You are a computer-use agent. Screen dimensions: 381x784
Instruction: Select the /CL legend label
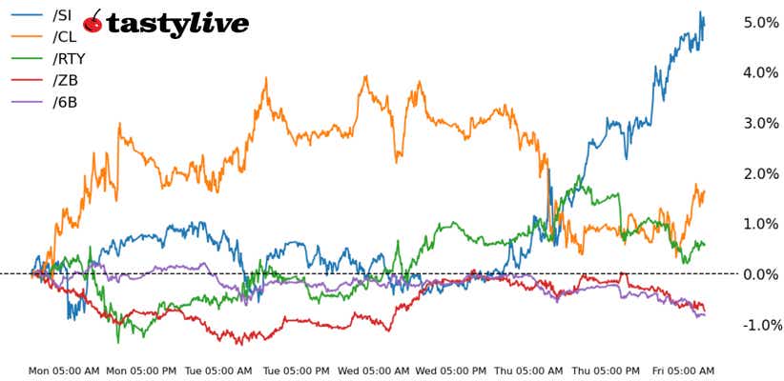(x=65, y=37)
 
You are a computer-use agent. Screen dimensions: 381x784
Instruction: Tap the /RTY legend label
(x=69, y=59)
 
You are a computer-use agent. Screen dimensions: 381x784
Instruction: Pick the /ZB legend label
(x=65, y=80)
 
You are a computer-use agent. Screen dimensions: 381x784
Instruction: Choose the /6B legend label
(x=65, y=101)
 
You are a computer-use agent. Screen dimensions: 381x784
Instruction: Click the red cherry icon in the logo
(x=93, y=22)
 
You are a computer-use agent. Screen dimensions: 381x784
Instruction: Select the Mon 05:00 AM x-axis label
(x=64, y=371)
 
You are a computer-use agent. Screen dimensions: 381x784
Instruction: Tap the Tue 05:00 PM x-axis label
(x=296, y=371)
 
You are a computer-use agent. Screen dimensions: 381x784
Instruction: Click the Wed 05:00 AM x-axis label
(x=374, y=371)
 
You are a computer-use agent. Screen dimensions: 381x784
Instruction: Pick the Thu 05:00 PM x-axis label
(x=607, y=371)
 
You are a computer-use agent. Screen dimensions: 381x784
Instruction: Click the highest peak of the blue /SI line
(x=700, y=12)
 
